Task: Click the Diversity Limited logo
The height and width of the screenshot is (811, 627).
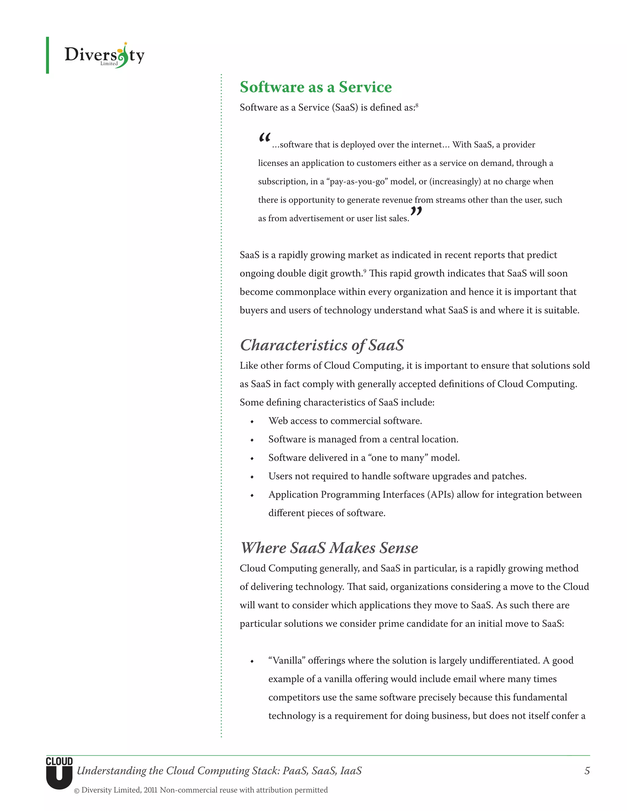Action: pyautogui.click(x=104, y=55)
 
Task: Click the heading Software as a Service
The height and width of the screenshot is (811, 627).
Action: pyautogui.click(x=315, y=87)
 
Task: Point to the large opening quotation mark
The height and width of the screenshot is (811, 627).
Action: pyautogui.click(x=265, y=138)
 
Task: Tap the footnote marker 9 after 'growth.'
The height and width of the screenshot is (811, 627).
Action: pyautogui.click(x=365, y=271)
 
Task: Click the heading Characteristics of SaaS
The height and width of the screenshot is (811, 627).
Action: pyautogui.click(x=322, y=345)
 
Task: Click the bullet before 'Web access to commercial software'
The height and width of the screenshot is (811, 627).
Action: pyautogui.click(x=252, y=422)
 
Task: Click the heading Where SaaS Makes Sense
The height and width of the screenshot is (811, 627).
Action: pyautogui.click(x=329, y=548)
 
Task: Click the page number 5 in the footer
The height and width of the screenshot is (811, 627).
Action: pyautogui.click(x=587, y=771)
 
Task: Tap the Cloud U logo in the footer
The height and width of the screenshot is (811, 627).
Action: pyautogui.click(x=59, y=773)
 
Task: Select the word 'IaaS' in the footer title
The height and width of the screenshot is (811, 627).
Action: pyautogui.click(x=351, y=771)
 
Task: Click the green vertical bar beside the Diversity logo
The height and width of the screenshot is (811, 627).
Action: pyautogui.click(x=47, y=55)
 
